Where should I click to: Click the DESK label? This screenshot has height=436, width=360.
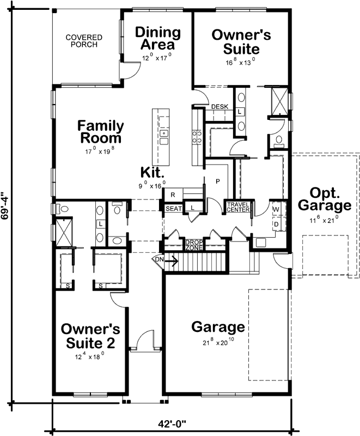pos(219,107)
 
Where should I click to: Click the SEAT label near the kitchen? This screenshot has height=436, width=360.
pos(173,208)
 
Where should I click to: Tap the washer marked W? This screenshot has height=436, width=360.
pos(276,209)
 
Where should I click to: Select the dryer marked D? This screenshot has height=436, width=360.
pos(276,223)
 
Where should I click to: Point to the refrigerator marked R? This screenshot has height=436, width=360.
pos(173,195)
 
